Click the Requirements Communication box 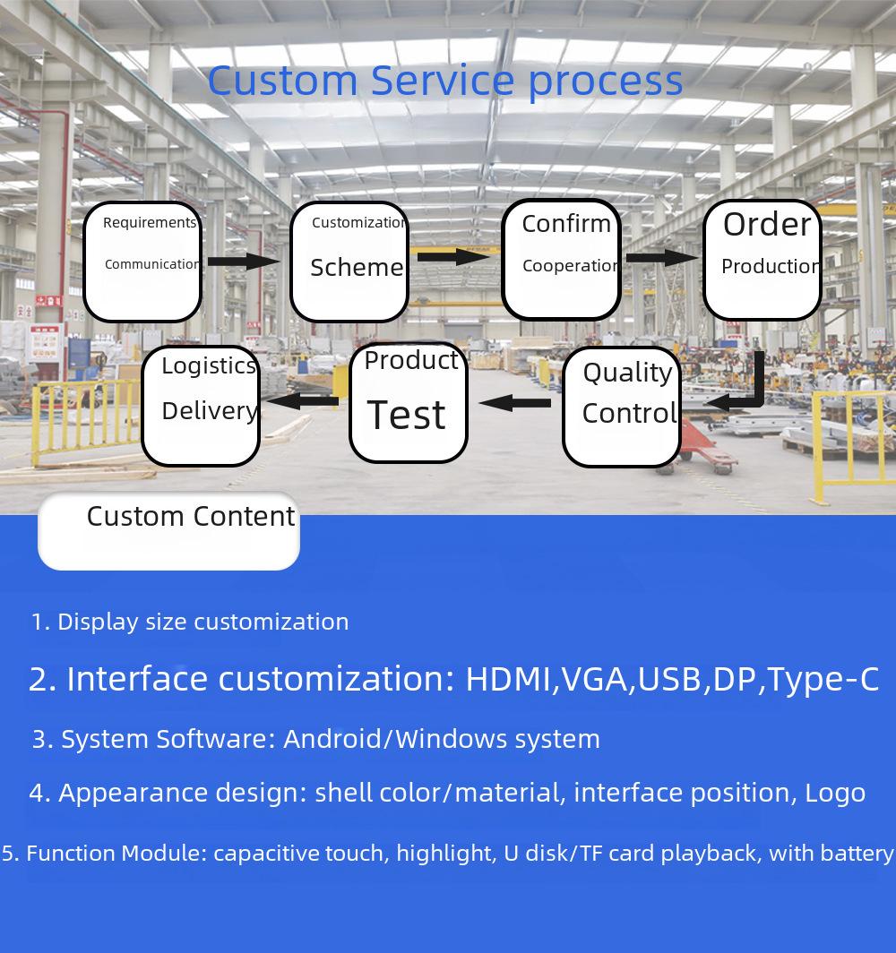point(142,262)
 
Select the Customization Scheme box point(349,262)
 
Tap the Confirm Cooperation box point(561,260)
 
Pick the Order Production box point(762,260)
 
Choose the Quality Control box point(621,407)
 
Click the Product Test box point(409,403)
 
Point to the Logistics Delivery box point(202,406)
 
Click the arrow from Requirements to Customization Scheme point(243,262)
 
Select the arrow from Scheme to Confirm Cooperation point(453,256)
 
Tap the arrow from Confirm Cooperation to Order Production point(662,258)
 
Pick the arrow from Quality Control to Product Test point(515,402)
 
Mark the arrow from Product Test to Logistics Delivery point(303,400)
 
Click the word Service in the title point(443,81)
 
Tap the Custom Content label point(191,517)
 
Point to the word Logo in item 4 point(835,794)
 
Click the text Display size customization point(203,622)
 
